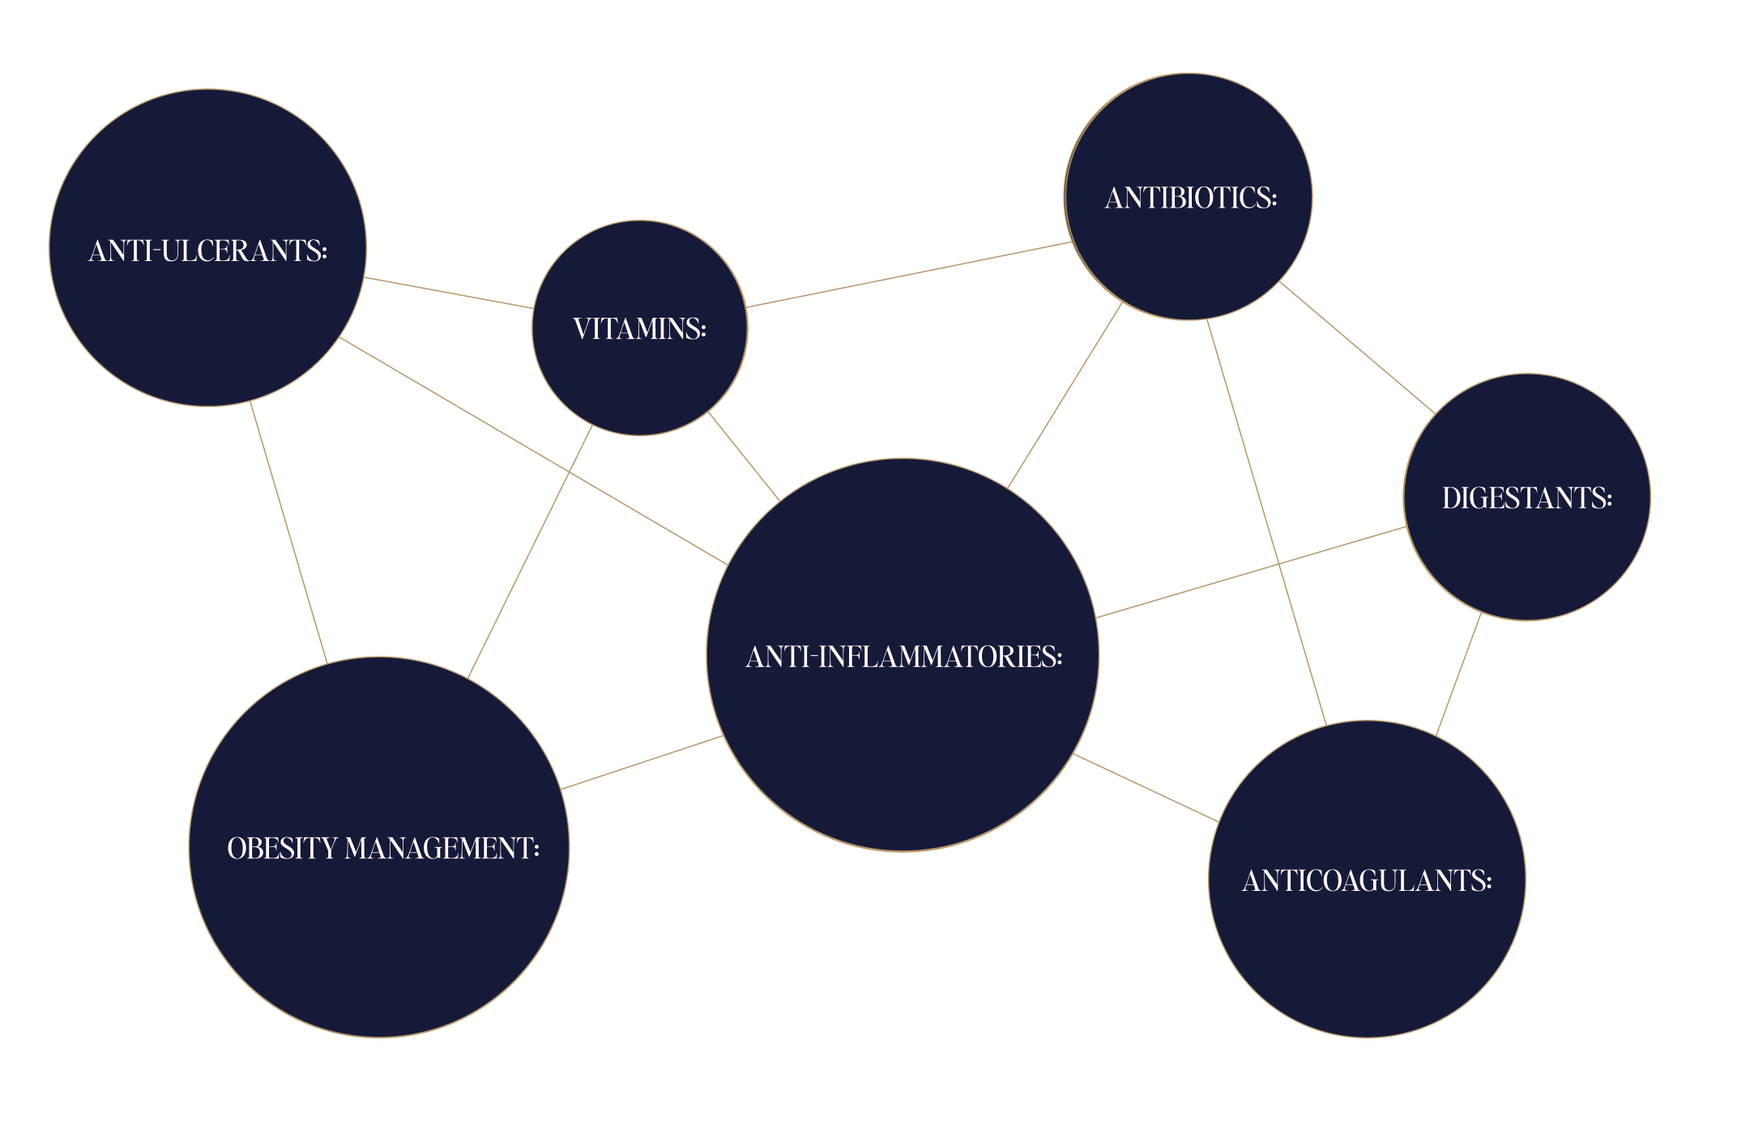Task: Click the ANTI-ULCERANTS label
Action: tap(207, 251)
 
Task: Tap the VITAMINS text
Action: tap(639, 329)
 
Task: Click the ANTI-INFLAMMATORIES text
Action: tap(903, 657)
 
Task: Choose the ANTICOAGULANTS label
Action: tap(1367, 881)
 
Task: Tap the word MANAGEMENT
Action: tap(442, 849)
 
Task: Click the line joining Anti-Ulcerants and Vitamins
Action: tap(448, 293)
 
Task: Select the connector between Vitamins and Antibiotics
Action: tap(908, 275)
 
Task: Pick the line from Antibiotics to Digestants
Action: tap(1357, 347)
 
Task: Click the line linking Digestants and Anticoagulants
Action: tap(1458, 674)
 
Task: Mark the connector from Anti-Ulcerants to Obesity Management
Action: tap(288, 532)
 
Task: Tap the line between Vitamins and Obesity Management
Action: tap(530, 552)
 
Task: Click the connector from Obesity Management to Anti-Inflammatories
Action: tap(642, 762)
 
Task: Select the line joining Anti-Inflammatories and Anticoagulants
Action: tap(1146, 788)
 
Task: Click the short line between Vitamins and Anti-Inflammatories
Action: tap(744, 456)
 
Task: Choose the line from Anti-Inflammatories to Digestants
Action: tap(1251, 572)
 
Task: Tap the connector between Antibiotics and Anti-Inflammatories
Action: tap(1065, 395)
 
